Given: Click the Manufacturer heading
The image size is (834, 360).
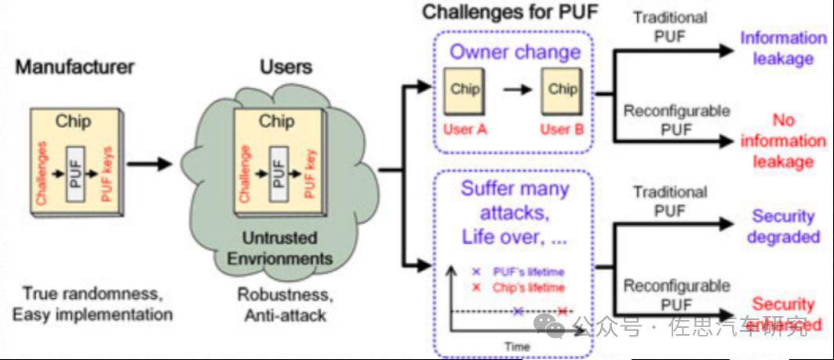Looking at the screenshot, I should [x=75, y=67].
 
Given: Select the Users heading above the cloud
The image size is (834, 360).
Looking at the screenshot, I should [x=286, y=67].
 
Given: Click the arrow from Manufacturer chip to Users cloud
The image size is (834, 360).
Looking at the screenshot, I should [x=149, y=164].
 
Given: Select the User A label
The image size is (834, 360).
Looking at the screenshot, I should [x=464, y=129].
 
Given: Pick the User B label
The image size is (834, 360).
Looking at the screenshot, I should [x=562, y=129].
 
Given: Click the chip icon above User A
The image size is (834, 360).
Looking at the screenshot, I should [x=464, y=90].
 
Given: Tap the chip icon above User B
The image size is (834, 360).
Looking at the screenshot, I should [x=562, y=90].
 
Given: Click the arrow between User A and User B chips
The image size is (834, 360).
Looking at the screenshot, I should [x=517, y=89].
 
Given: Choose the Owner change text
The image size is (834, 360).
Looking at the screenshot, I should [x=515, y=53].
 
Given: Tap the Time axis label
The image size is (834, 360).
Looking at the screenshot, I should [x=518, y=346].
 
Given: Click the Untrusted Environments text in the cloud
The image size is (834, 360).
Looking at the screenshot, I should [x=286, y=248].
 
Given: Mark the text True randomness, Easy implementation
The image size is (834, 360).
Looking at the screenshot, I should [x=93, y=304].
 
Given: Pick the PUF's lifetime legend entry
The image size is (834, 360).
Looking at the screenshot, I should [x=518, y=271].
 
